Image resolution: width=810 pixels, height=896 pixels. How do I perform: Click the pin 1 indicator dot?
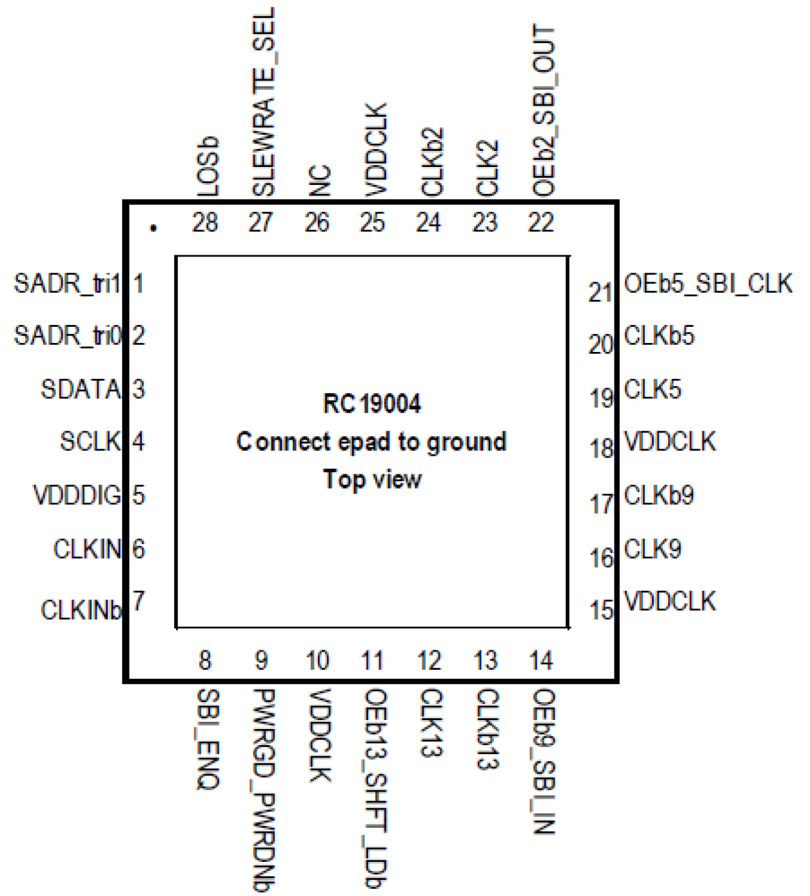pyautogui.click(x=153, y=228)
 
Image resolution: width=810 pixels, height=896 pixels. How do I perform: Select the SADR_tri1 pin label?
pyautogui.click(x=67, y=284)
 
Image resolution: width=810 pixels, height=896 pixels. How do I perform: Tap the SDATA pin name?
pyautogui.click(x=81, y=389)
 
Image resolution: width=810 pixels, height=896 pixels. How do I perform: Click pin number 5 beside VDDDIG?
pyautogui.click(x=138, y=495)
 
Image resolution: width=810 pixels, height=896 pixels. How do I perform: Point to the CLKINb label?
pyautogui.click(x=81, y=610)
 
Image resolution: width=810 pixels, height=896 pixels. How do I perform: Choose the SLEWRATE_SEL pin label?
pyautogui.click(x=263, y=102)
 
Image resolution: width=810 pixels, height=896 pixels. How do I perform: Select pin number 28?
pyautogui.click(x=205, y=223)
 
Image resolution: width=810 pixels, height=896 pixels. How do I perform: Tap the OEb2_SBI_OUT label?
pyautogui.click(x=544, y=110)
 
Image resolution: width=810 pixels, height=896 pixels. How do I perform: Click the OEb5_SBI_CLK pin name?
pyautogui.click(x=707, y=284)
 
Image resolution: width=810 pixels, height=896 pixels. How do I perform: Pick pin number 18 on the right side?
pyautogui.click(x=601, y=449)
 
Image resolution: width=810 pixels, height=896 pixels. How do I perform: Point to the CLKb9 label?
pyautogui.click(x=658, y=496)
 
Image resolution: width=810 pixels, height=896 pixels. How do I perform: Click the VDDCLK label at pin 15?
pyautogui.click(x=669, y=601)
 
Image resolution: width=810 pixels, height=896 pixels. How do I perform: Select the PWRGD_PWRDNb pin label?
pyautogui.click(x=263, y=790)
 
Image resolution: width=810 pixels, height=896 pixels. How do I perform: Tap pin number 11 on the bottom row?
pyautogui.click(x=372, y=661)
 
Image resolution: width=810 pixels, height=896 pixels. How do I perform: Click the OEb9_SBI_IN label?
pyautogui.click(x=544, y=761)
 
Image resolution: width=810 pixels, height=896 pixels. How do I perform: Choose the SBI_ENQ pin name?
pyautogui.click(x=208, y=739)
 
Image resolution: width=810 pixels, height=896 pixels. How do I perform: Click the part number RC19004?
pyautogui.click(x=372, y=404)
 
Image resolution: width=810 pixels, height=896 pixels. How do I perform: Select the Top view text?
pyautogui.click(x=372, y=480)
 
